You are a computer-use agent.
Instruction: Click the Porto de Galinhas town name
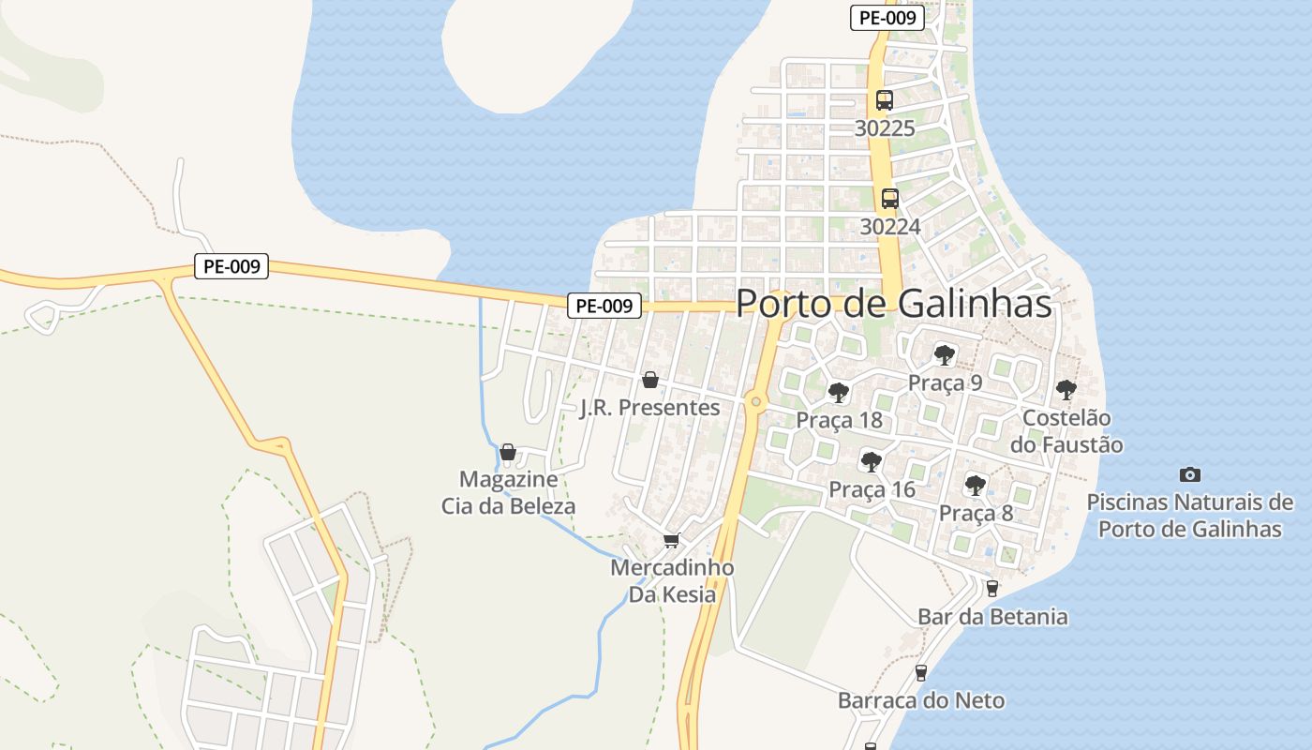coord(893,304)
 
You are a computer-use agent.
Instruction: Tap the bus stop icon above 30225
coord(884,100)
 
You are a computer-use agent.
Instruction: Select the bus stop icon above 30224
coord(889,199)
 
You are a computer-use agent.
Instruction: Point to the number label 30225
coord(884,128)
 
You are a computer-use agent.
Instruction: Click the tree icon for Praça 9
coord(944,354)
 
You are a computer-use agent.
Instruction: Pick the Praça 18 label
coord(839,420)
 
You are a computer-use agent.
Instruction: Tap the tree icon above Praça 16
coord(872,461)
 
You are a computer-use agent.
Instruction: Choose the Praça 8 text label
coord(976,514)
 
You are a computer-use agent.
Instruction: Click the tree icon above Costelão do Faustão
coord(1066,389)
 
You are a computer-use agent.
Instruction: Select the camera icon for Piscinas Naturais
coord(1189,474)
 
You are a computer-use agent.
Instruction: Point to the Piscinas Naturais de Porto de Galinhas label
coord(1189,516)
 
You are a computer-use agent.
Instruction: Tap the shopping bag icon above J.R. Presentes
coord(649,380)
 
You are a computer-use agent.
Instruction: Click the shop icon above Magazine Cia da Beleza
coord(508,452)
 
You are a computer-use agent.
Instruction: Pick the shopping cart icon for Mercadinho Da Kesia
coord(671,540)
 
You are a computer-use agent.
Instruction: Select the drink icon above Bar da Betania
coord(991,588)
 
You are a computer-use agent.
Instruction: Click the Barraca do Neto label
coord(920,700)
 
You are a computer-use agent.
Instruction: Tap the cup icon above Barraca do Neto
coord(920,672)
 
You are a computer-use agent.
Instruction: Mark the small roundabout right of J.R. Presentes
coord(755,402)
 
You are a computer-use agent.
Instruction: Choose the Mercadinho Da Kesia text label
coord(671,581)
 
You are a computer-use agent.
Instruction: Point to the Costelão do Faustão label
coord(1066,431)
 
